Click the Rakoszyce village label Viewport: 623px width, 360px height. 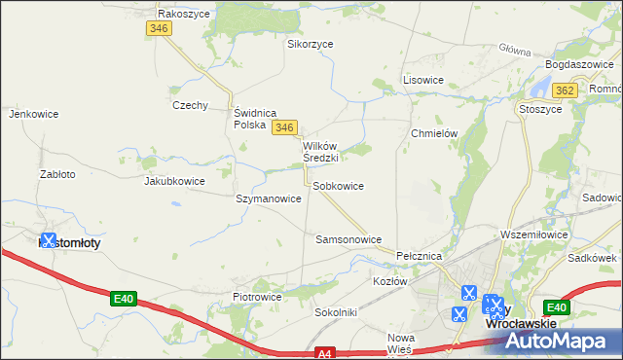click(x=185, y=14)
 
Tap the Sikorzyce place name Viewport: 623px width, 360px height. click(x=310, y=44)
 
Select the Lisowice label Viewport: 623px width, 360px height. click(x=423, y=80)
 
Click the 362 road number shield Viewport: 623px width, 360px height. click(x=564, y=90)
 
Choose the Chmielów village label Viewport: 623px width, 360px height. click(x=434, y=133)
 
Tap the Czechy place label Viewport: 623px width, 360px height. click(x=190, y=105)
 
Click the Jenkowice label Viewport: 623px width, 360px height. click(x=28, y=114)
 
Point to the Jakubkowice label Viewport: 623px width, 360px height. click(x=174, y=181)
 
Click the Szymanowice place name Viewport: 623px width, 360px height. click(x=268, y=198)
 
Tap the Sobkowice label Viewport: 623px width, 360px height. click(x=338, y=185)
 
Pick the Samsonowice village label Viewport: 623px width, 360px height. click(x=348, y=238)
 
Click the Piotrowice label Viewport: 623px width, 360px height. click(x=257, y=297)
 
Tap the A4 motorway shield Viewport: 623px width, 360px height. click(x=328, y=354)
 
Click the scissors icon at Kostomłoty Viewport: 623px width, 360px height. click(x=48, y=239)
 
